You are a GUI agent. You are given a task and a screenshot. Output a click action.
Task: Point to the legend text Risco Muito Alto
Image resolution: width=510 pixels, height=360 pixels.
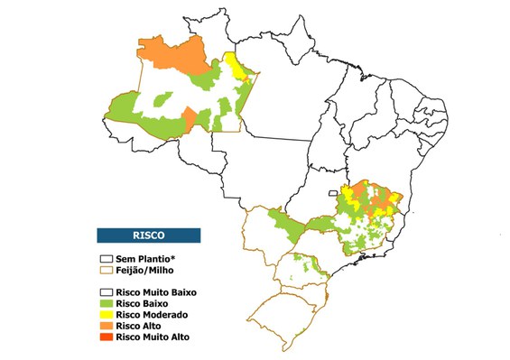pos(154,337)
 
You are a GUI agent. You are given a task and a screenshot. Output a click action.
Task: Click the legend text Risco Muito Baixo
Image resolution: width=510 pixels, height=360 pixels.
pos(156,292)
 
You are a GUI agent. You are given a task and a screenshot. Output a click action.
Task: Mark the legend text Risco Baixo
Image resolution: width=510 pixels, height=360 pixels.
pos(143,303)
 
